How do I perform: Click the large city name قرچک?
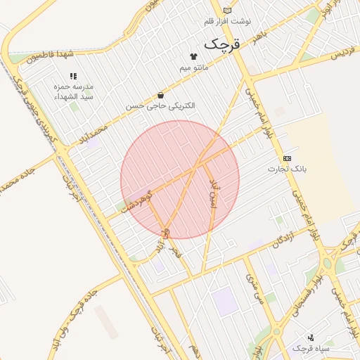222,44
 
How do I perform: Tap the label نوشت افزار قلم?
226,22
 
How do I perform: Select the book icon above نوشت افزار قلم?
226,10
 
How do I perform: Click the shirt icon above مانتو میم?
194,55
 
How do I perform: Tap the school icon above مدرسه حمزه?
73,76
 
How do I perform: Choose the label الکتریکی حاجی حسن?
161,105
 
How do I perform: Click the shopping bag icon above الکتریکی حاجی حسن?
161,94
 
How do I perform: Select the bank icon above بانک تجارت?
287,158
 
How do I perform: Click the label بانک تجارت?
288,169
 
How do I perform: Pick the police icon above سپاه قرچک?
311,337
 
